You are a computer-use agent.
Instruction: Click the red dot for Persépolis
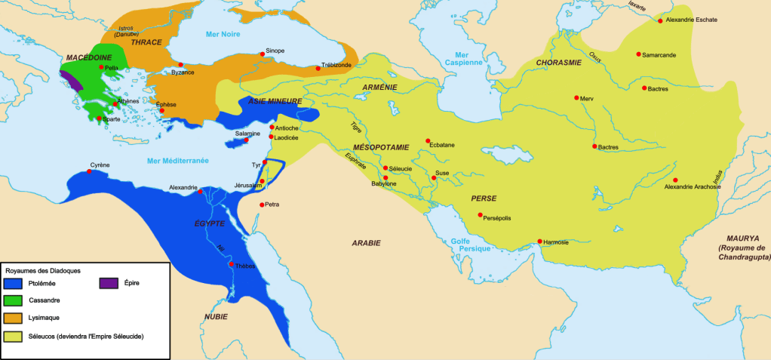[481, 215]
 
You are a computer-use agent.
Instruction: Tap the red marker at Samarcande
[638, 54]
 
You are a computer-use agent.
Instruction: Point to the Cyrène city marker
[91, 171]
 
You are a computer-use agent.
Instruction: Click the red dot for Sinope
[263, 54]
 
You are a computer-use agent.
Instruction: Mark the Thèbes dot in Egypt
[232, 264]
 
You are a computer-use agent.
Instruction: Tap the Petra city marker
[262, 205]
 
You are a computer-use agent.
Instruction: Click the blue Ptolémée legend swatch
[13, 283]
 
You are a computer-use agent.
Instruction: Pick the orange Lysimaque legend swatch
[13, 318]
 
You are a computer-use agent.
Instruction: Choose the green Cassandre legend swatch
[13, 300]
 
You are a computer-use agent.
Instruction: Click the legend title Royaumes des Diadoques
[43, 270]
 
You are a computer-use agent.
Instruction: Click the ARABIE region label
[366, 243]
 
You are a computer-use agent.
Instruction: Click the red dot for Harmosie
[539, 242]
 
